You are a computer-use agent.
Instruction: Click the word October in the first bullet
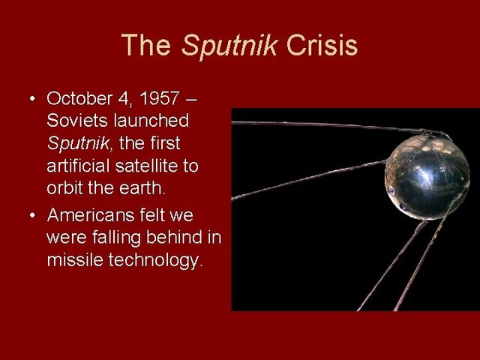pos(76,98)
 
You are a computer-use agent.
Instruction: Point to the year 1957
pos(155,98)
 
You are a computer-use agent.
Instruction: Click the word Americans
pos(89,216)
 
